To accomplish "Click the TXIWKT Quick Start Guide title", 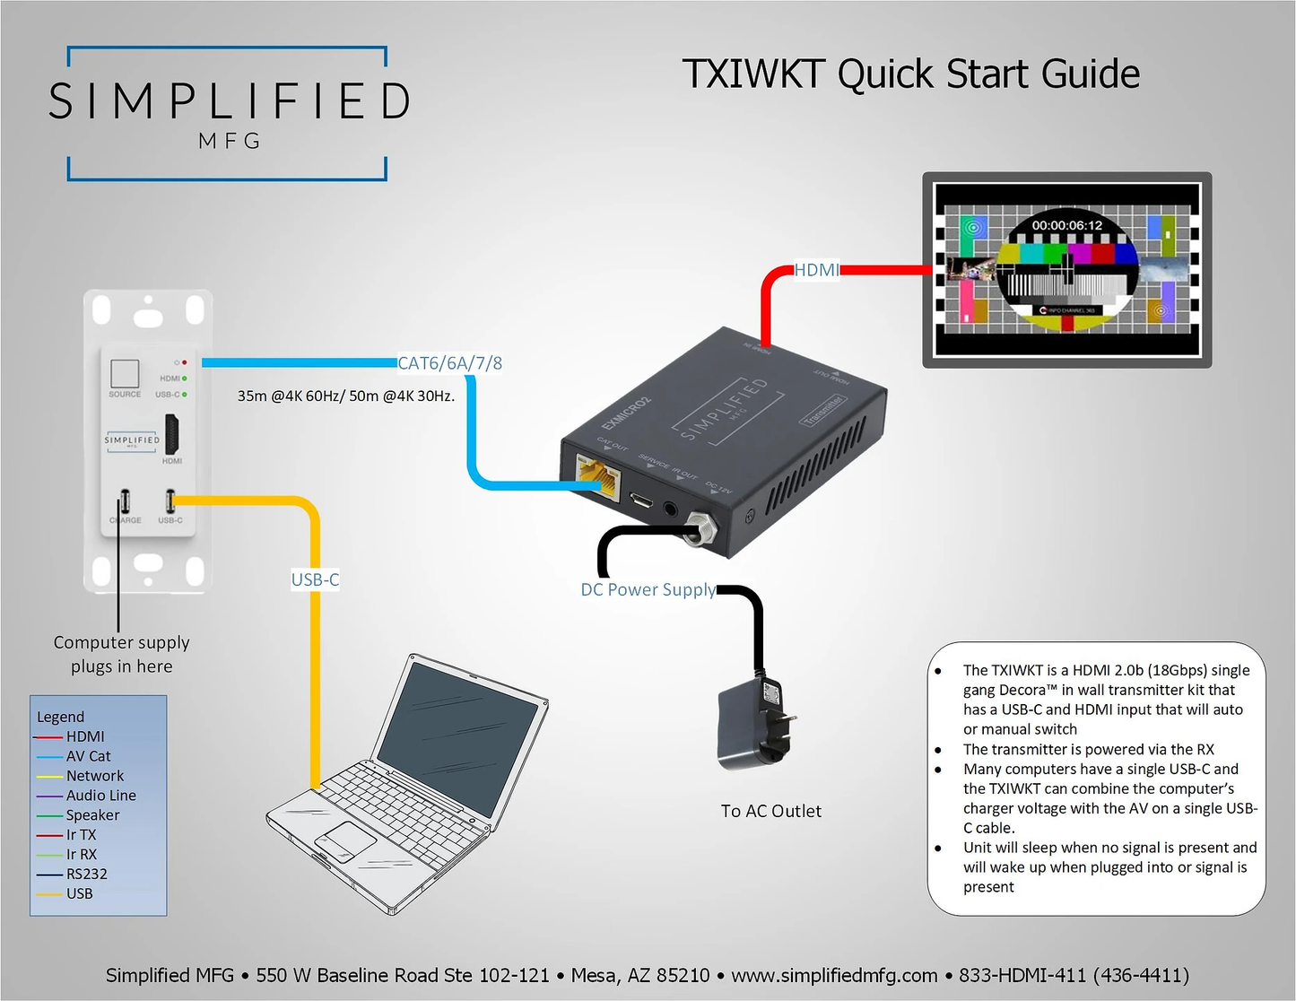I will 910,74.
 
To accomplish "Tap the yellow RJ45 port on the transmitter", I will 599,476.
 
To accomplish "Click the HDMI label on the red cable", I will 816,270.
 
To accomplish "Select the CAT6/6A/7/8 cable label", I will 449,363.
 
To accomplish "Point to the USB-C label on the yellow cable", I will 315,579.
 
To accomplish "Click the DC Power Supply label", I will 648,589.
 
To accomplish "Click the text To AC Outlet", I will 770,811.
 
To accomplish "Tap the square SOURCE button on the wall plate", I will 125,373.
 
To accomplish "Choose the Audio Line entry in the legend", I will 100,796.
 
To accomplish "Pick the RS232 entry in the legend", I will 86,874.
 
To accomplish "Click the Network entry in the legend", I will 95,776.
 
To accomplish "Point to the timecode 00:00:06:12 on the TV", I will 1066,225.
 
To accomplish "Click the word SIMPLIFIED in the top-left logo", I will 230,100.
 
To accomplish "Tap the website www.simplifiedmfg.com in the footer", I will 834,975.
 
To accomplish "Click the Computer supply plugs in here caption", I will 122,654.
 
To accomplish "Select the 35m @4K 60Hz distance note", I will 345,396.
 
